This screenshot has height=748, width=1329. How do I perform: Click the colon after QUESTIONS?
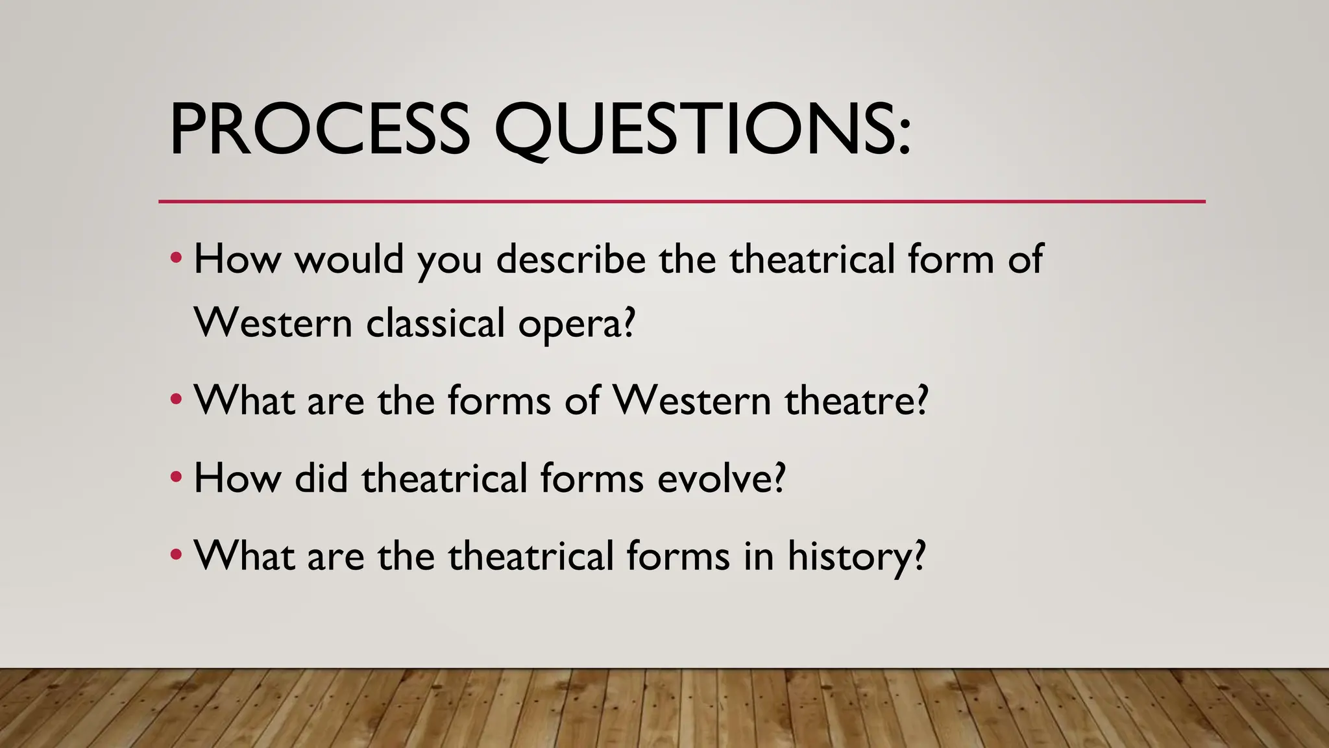pyautogui.click(x=905, y=138)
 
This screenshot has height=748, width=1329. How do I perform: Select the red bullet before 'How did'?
pyautogui.click(x=175, y=479)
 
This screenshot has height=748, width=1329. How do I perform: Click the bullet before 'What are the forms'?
pyautogui.click(x=175, y=400)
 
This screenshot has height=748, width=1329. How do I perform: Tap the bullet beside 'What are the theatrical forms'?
pyautogui.click(x=175, y=556)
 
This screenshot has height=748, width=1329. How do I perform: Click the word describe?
pyautogui.click(x=571, y=260)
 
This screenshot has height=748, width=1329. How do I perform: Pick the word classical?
pyautogui.click(x=435, y=323)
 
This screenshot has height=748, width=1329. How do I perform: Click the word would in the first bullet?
pyautogui.click(x=349, y=260)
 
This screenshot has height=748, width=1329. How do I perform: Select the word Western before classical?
pyautogui.click(x=273, y=323)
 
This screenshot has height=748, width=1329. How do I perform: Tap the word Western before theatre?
pyautogui.click(x=692, y=401)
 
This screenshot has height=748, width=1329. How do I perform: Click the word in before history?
pyautogui.click(x=758, y=556)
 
